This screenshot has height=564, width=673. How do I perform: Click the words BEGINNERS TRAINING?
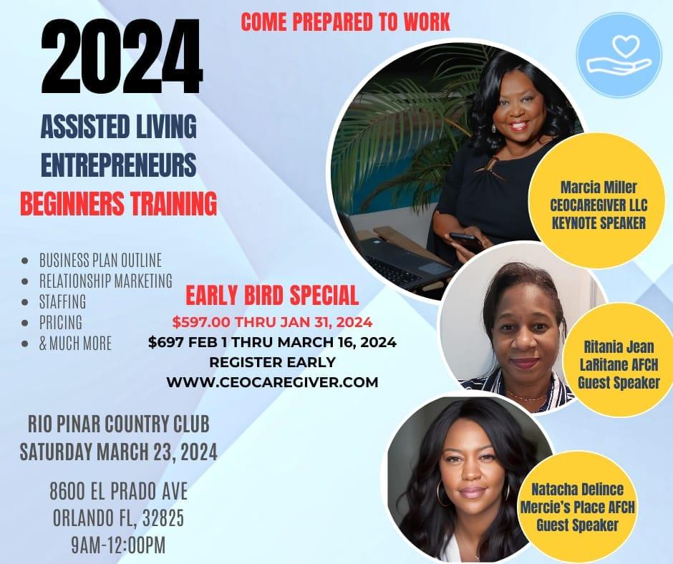(x=118, y=203)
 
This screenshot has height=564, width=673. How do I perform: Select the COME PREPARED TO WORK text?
(x=345, y=22)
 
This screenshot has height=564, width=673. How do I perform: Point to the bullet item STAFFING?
(x=63, y=301)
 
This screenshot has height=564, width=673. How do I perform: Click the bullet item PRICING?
(x=61, y=322)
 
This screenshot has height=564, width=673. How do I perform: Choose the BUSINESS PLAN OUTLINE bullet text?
(x=100, y=260)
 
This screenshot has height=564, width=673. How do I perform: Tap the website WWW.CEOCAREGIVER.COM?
(x=272, y=382)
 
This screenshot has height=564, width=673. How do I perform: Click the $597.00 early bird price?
(x=201, y=322)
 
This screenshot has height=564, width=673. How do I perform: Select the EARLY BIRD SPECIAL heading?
(x=272, y=296)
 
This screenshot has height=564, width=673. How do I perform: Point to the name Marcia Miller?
(x=599, y=187)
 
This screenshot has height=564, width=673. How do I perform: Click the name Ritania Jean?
(x=619, y=347)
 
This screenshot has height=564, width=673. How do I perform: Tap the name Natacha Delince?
(x=577, y=489)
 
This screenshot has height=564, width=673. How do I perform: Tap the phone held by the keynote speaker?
(x=465, y=242)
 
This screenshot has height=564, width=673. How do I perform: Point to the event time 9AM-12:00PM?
(x=118, y=545)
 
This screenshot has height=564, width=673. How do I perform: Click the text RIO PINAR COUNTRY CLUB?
(x=119, y=424)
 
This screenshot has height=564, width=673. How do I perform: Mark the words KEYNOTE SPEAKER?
(x=599, y=223)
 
